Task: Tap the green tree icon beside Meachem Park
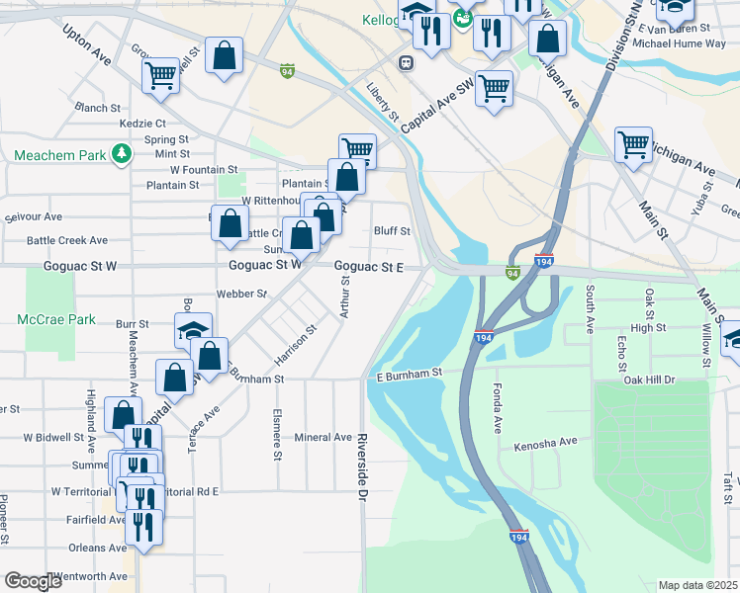(x=121, y=154)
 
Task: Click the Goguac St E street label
(x=368, y=267)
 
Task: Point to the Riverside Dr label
(x=363, y=466)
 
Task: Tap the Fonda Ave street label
(x=498, y=410)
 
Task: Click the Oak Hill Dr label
(x=648, y=380)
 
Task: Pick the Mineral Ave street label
(x=324, y=437)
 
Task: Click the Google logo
(x=33, y=581)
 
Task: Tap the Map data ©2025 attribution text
(x=696, y=585)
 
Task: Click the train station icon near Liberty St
(x=406, y=62)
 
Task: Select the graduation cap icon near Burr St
(x=193, y=331)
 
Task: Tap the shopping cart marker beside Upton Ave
(x=160, y=75)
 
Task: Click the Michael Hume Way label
(x=672, y=44)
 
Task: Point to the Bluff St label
(x=392, y=231)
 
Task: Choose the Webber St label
(x=242, y=295)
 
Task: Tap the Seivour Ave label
(x=34, y=217)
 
